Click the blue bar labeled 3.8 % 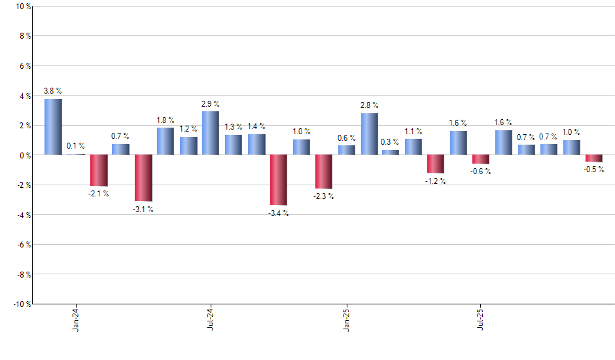pyautogui.click(x=53, y=126)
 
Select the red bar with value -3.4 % pyautogui.click(x=279, y=180)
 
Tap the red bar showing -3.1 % pyautogui.click(x=143, y=177)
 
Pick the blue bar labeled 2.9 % pyautogui.click(x=211, y=133)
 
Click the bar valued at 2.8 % pyautogui.click(x=369, y=134)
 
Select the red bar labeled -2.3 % pyautogui.click(x=324, y=171)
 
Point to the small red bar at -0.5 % pyautogui.click(x=594, y=158)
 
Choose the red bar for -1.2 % pyautogui.click(x=436, y=164)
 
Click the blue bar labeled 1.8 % pyautogui.click(x=166, y=141)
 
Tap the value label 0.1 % pyautogui.click(x=75, y=146)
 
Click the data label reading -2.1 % pyautogui.click(x=98, y=194)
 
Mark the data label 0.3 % pyautogui.click(x=391, y=142)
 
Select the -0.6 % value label pyautogui.click(x=481, y=171)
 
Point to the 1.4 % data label pyautogui.click(x=256, y=126)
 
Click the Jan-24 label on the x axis pyautogui.click(x=77, y=319)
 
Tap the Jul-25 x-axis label pyautogui.click(x=482, y=319)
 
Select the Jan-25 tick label pyautogui.click(x=347, y=319)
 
